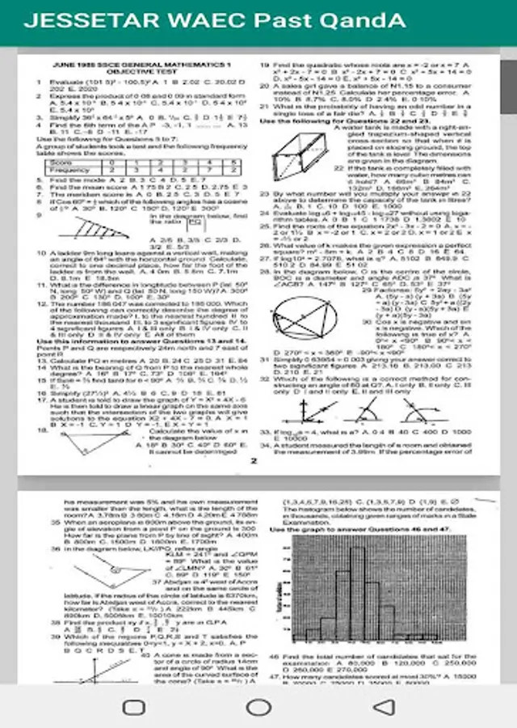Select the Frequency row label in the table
[69, 171]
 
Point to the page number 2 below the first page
[253, 461]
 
